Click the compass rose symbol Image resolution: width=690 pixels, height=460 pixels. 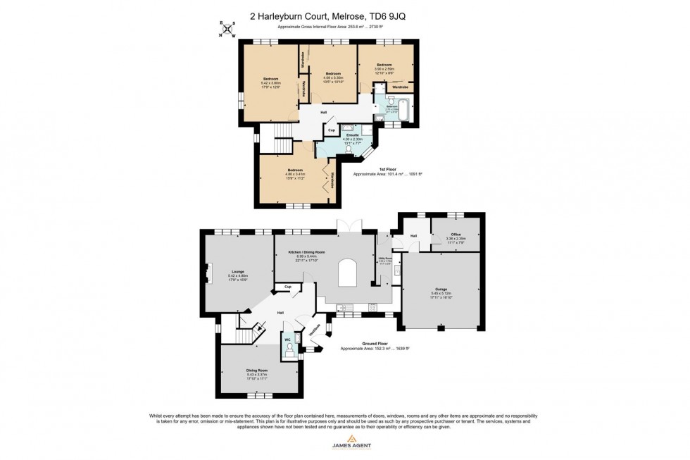point(227,28)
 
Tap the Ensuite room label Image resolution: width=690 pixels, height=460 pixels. point(351,135)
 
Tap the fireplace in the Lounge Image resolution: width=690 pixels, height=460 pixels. point(208,273)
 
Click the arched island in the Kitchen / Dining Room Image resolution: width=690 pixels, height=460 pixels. point(348,272)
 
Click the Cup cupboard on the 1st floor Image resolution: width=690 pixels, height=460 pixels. point(332,130)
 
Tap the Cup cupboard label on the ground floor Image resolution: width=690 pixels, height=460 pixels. point(287,287)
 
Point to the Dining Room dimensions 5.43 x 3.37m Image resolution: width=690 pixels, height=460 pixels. point(256,375)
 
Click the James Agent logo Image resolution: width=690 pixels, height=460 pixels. point(345,442)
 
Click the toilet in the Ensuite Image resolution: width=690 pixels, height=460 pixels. point(349,150)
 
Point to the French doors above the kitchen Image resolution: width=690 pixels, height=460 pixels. point(350,227)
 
